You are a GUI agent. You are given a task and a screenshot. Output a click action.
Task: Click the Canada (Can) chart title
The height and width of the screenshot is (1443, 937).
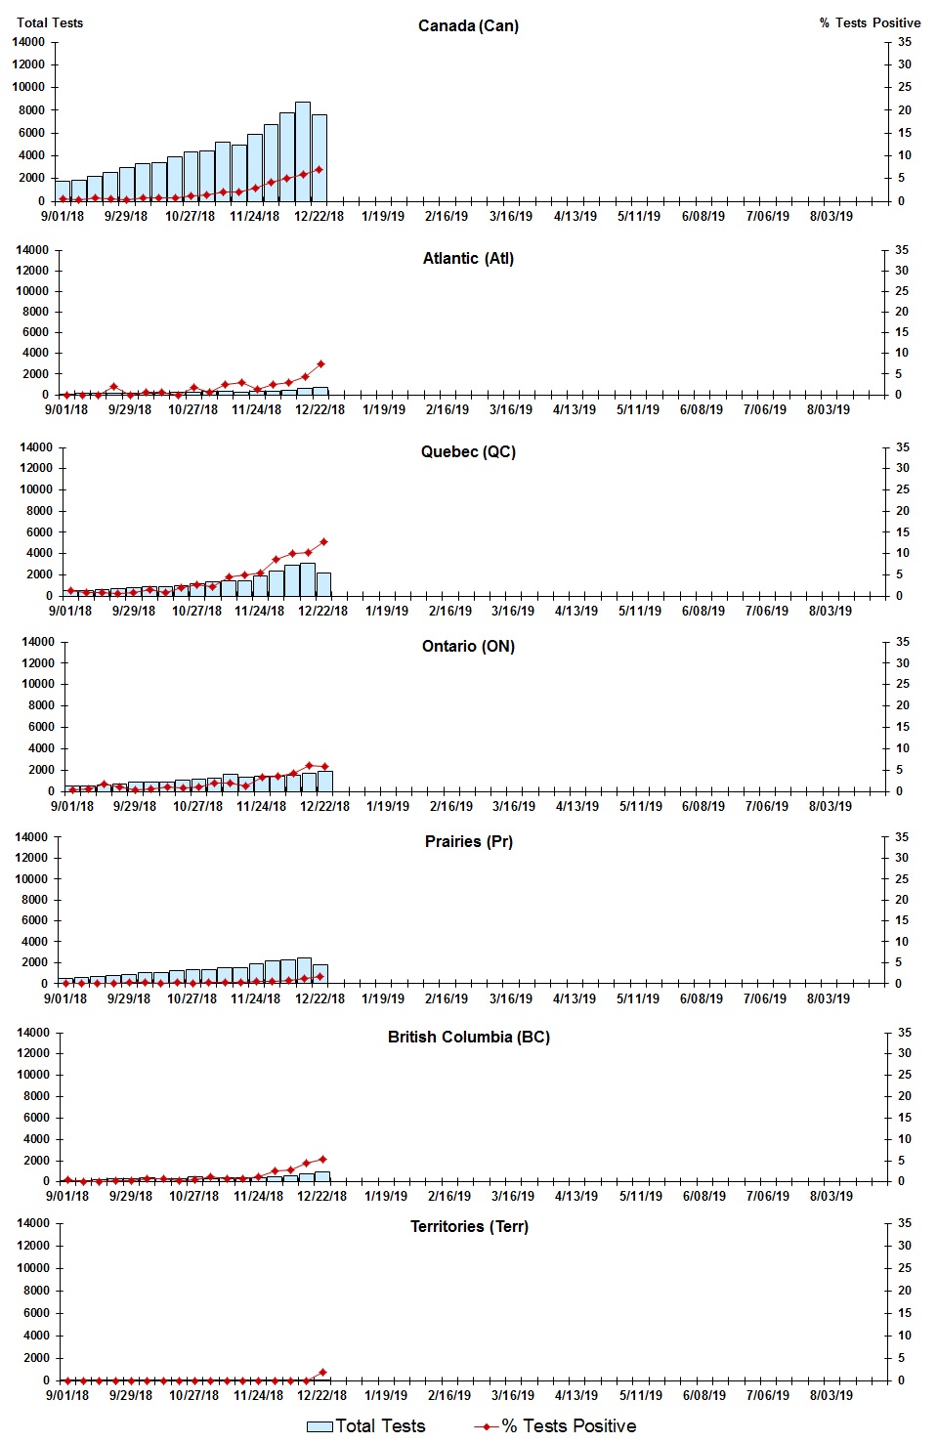pyautogui.click(x=468, y=25)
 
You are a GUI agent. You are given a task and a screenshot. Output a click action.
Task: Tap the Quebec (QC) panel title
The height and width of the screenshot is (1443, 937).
pyautogui.click(x=468, y=451)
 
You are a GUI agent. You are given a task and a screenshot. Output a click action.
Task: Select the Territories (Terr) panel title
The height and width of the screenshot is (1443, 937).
pyautogui.click(x=469, y=1226)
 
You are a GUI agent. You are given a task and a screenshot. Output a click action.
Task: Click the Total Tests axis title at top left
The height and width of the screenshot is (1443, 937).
pyautogui.click(x=50, y=22)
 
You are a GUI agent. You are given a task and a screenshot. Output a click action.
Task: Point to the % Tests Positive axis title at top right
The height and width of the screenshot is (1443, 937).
pyautogui.click(x=870, y=22)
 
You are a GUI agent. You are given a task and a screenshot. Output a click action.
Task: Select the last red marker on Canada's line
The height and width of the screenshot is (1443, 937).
pyautogui.click(x=319, y=169)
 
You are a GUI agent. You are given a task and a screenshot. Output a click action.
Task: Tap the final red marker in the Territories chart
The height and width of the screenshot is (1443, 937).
pyautogui.click(x=322, y=1372)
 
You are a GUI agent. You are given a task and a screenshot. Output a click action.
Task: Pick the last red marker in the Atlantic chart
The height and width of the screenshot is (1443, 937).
pyautogui.click(x=320, y=363)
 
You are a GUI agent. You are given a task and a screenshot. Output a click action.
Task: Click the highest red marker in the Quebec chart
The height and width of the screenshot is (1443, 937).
pyautogui.click(x=323, y=541)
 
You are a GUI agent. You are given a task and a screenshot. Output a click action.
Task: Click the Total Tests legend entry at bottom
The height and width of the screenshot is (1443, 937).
pyautogui.click(x=366, y=1426)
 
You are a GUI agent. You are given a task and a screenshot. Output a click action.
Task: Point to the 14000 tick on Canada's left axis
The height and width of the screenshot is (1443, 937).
pyautogui.click(x=28, y=42)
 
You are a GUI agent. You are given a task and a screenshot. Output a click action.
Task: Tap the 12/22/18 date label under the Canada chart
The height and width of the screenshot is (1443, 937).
pyautogui.click(x=319, y=217)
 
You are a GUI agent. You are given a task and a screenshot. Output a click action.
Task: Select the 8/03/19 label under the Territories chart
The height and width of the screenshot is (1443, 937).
pyautogui.click(x=831, y=1395)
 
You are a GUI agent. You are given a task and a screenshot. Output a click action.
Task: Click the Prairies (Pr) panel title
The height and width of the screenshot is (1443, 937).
pyautogui.click(x=468, y=841)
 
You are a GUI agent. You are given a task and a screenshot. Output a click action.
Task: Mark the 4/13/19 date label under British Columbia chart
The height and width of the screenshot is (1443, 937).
pyautogui.click(x=576, y=1196)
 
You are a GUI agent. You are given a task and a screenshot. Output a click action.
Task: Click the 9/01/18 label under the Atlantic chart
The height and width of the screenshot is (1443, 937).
pyautogui.click(x=66, y=409)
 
